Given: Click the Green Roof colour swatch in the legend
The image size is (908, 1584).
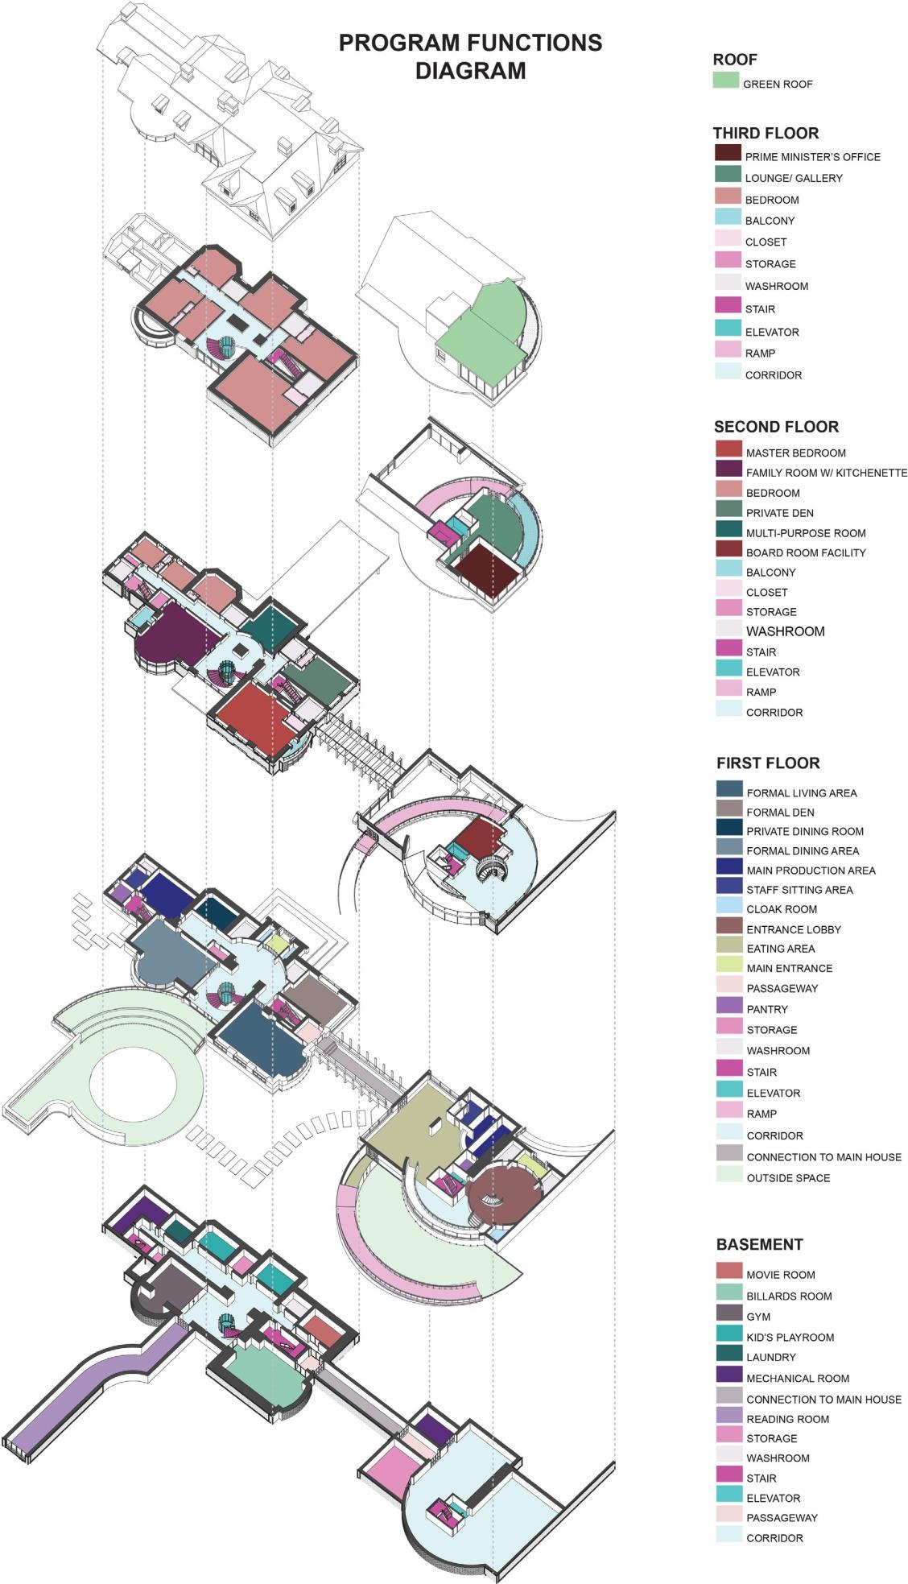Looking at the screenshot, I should pos(725,81).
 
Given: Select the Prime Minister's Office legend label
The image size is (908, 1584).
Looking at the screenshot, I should pos(812,157).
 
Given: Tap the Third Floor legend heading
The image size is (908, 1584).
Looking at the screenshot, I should pos(766,133).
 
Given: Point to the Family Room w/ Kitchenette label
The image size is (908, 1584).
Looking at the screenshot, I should pos(826,473).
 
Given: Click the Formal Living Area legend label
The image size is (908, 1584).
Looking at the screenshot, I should pos(801,792).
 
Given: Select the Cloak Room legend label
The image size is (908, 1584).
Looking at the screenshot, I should pos(781,909).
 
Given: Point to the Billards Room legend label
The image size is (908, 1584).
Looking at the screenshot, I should pos(788,1296).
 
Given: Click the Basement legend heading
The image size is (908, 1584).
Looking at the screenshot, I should pos(759,1244).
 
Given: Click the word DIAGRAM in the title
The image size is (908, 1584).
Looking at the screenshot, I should pos(470,71).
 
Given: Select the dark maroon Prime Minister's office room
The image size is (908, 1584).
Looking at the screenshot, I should pos(485,568).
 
